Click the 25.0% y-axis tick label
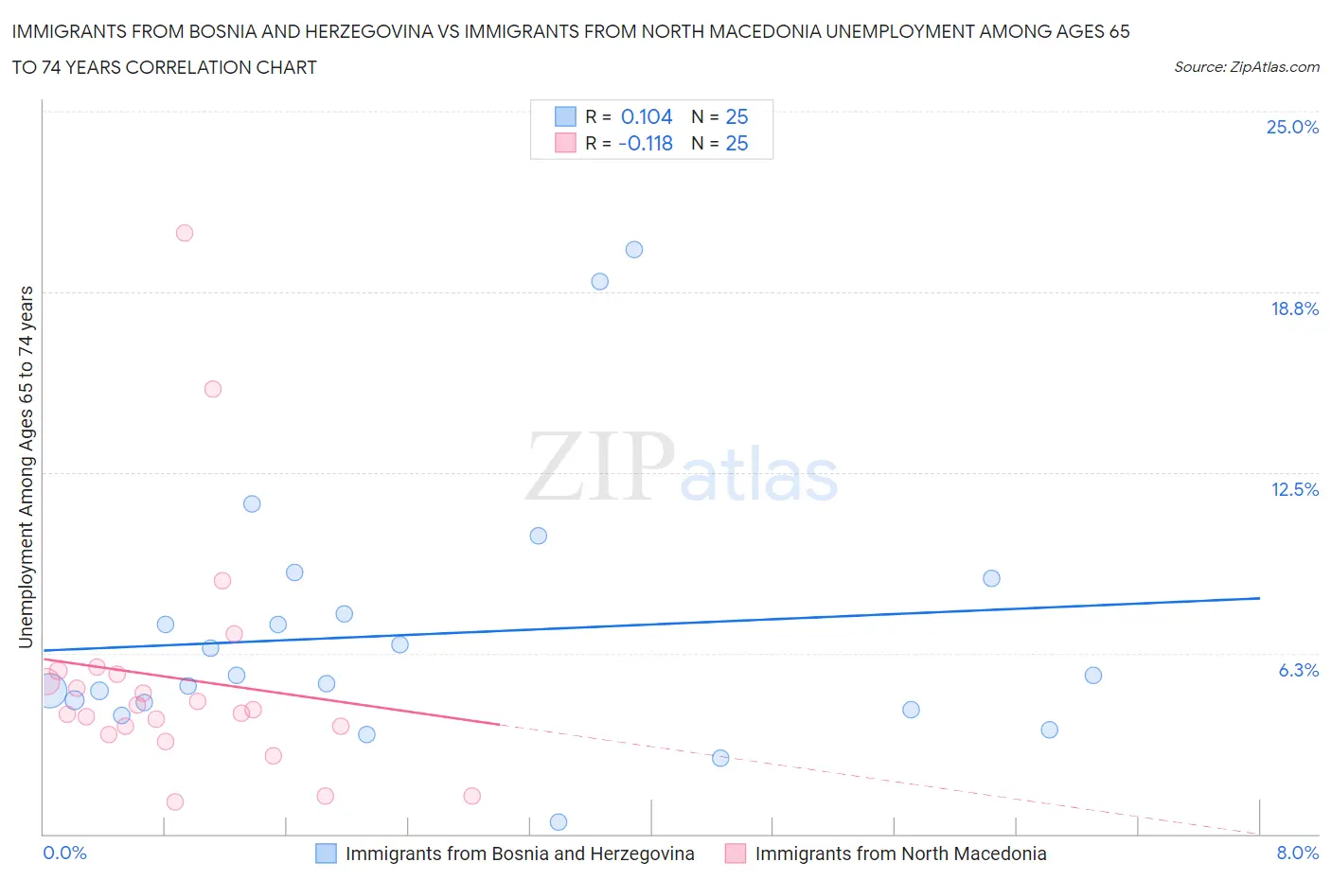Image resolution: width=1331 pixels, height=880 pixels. [1292, 127]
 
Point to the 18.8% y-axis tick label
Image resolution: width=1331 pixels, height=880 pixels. [1294, 308]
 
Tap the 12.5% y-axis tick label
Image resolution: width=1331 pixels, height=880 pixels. [1294, 489]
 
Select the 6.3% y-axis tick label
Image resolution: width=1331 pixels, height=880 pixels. [1298, 670]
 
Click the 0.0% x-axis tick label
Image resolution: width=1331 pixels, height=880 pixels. [65, 853]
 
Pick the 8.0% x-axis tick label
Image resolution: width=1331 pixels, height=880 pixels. [1297, 853]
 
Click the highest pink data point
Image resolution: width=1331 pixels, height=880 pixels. [185, 233]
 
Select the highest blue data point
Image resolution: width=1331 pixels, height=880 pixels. [634, 250]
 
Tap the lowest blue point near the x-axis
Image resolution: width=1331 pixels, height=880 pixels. [559, 822]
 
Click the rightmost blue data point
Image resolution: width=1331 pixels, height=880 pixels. [1093, 676]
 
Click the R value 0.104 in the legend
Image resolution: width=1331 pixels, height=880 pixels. [647, 116]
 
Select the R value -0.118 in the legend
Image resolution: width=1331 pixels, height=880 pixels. [646, 143]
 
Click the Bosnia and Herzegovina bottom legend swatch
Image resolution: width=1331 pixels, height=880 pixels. [326, 854]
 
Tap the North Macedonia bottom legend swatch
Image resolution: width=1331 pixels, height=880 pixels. [736, 854]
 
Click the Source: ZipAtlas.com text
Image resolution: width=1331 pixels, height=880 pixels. [1246, 66]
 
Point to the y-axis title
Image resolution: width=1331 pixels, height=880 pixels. [26, 467]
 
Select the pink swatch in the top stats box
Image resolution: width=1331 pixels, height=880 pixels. [565, 143]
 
